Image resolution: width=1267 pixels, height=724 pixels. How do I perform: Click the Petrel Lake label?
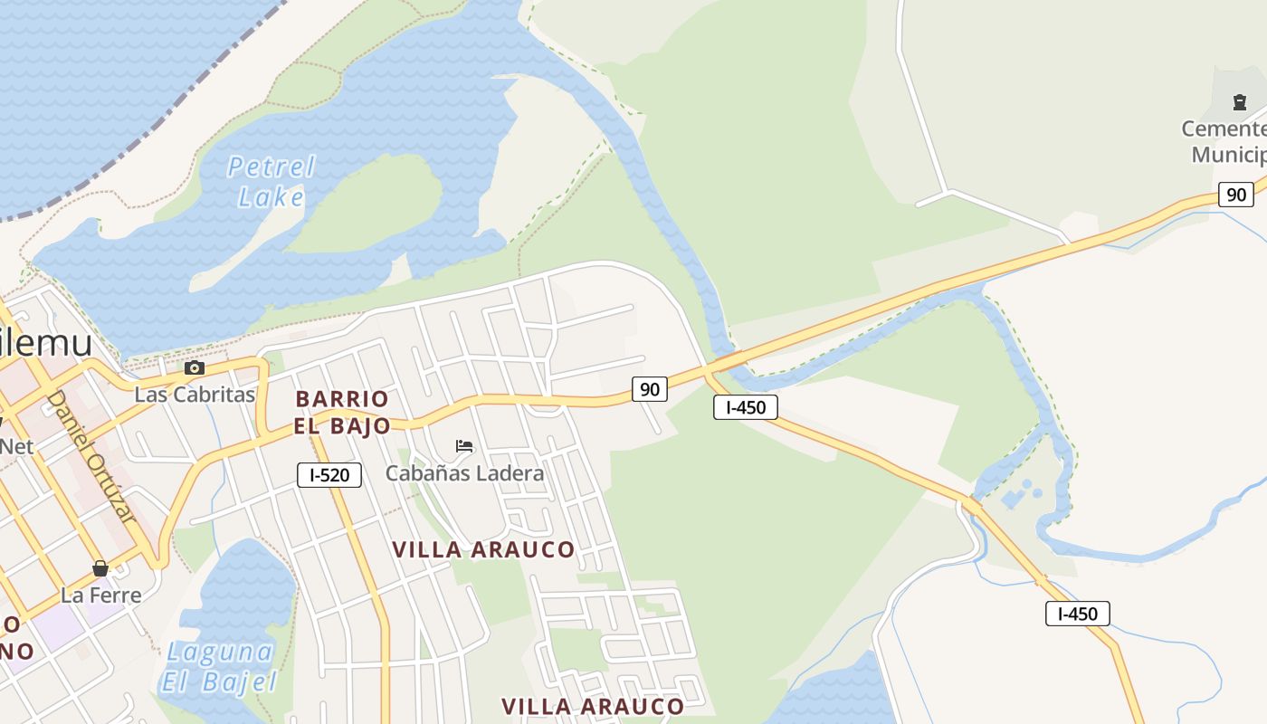[x=270, y=181]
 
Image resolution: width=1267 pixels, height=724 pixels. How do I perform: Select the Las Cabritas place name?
[x=195, y=395]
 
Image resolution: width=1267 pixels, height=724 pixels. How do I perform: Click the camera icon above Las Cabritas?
[x=194, y=367]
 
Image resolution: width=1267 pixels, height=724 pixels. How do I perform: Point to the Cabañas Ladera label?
[x=464, y=472]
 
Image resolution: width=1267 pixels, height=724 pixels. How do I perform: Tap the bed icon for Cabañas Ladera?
[x=464, y=446]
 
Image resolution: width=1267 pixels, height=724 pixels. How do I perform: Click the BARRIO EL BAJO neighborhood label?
[x=342, y=412]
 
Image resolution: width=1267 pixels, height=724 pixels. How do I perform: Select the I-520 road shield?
[x=329, y=474]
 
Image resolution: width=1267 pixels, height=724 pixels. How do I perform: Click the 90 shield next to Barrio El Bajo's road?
[x=649, y=389]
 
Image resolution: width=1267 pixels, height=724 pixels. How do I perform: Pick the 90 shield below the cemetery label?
[x=1235, y=194]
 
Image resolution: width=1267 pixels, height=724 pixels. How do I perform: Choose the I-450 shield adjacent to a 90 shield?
[x=746, y=407]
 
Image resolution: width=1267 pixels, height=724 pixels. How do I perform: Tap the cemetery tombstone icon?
[x=1239, y=102]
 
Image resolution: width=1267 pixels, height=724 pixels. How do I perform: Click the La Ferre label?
[x=100, y=595]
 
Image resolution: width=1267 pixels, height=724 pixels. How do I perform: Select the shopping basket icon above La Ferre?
[x=100, y=568]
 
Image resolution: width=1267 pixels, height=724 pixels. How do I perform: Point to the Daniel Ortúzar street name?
[x=91, y=456]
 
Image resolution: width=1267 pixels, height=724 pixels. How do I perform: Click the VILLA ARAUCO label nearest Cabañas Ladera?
[x=483, y=549]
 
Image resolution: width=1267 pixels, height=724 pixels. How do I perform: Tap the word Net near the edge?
[x=16, y=445]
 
